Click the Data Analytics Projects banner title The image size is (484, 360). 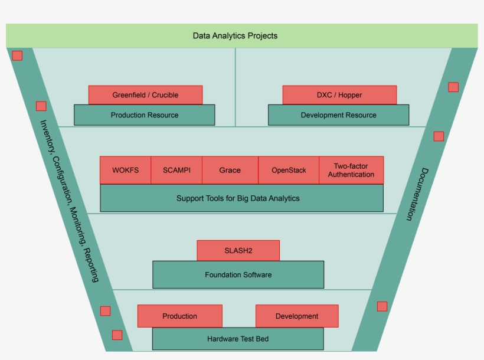pos(235,35)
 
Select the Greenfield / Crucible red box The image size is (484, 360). pos(145,94)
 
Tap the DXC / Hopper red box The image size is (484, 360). pos(339,94)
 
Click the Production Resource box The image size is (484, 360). pos(144,115)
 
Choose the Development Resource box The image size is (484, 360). pos(338,115)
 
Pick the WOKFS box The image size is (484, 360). pos(125,170)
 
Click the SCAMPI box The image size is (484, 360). pos(176,170)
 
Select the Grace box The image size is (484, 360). pos(230,170)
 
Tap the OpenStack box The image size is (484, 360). pos(289,170)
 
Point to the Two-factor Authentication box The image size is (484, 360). pos(351,170)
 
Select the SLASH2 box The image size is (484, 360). pos(238,250)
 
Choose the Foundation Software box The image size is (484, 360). pos(238,274)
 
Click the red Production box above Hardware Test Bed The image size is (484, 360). pos(179,316)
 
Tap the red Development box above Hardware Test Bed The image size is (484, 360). pos(297,316)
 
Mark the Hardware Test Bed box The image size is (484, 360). pos(238,339)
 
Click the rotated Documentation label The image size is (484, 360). pos(417,194)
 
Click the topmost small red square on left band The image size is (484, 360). pos(17,55)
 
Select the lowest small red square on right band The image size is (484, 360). pos(382,306)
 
